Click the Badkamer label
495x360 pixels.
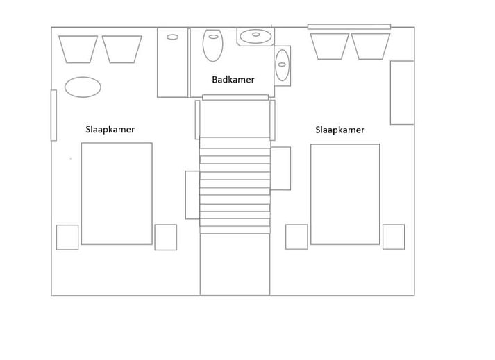click(233, 80)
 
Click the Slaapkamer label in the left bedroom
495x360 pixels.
click(110, 129)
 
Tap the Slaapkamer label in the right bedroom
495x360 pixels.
click(340, 130)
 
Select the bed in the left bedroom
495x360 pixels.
click(117, 194)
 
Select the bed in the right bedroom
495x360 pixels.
click(345, 194)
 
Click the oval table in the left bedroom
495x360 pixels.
click(83, 87)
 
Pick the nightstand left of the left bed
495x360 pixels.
click(67, 237)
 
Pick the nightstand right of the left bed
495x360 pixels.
click(166, 237)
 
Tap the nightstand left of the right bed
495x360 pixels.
click(296, 237)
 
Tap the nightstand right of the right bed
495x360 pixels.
click(394, 237)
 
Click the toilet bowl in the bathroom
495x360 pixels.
click(212, 46)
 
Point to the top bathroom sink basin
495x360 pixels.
click(255, 36)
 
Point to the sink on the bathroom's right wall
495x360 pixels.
click(282, 65)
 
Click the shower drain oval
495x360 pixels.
click(172, 37)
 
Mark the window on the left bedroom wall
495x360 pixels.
click(53, 115)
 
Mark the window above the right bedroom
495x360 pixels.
click(349, 27)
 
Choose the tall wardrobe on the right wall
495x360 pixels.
click(402, 93)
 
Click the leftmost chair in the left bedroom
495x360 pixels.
click(78, 49)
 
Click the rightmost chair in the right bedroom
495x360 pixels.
click(371, 46)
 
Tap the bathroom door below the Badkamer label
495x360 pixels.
click(235, 98)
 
